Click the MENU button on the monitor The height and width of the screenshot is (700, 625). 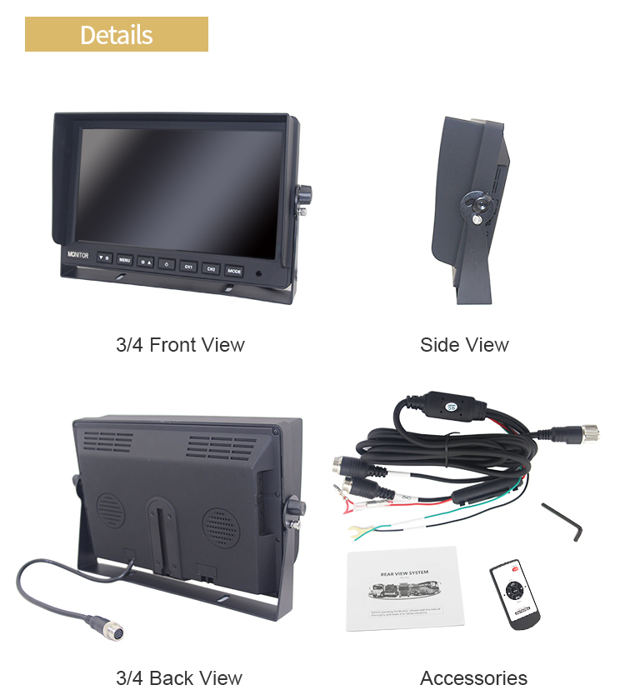(x=124, y=260)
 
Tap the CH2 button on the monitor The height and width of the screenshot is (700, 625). (x=212, y=268)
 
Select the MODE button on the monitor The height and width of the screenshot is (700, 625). (x=234, y=270)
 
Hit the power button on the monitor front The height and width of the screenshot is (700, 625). (x=167, y=264)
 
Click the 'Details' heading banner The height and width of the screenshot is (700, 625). (x=116, y=35)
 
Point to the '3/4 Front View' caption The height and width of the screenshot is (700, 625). (x=180, y=344)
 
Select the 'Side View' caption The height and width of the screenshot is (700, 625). (x=464, y=344)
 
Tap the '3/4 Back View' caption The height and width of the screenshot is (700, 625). (x=178, y=677)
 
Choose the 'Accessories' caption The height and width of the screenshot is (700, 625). (x=473, y=677)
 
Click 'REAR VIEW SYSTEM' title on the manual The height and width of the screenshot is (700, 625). (x=403, y=574)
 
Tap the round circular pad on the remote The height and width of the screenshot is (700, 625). (x=512, y=589)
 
